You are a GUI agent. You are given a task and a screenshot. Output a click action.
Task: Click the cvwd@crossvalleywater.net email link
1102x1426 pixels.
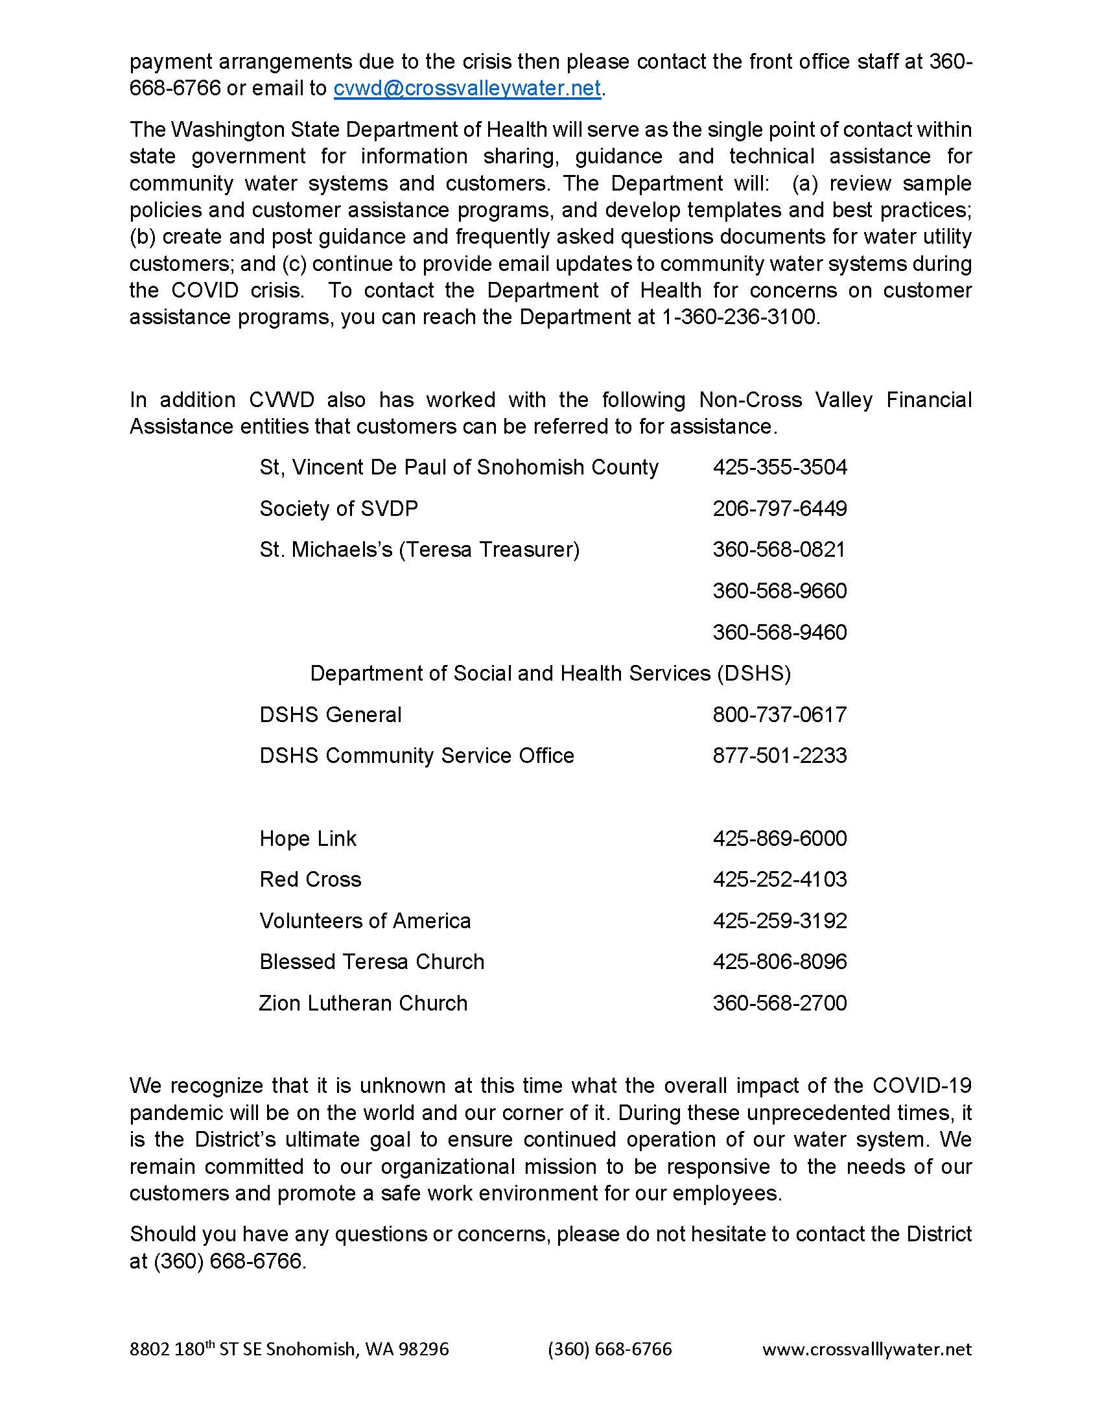click(x=467, y=88)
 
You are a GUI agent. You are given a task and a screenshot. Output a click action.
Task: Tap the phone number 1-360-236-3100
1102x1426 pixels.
click(x=740, y=317)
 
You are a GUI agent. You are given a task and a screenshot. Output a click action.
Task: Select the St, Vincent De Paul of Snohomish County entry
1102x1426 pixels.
click(x=459, y=467)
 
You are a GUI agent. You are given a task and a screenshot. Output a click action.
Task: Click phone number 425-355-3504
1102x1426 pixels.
click(x=779, y=467)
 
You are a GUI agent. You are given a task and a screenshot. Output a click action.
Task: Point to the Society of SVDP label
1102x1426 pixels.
click(x=338, y=509)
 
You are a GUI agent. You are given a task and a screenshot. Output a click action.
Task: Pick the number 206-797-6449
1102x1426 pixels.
click(x=779, y=509)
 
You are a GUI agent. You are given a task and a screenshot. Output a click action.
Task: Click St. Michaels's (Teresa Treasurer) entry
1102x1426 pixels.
click(x=419, y=550)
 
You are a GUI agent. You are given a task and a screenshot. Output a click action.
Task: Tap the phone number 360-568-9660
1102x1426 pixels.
click(x=779, y=591)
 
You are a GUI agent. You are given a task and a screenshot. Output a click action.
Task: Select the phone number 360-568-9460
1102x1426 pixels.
click(x=779, y=632)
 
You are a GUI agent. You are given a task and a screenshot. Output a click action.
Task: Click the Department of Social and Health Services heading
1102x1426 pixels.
click(x=550, y=673)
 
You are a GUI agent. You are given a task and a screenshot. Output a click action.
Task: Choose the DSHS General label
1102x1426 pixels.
click(x=331, y=715)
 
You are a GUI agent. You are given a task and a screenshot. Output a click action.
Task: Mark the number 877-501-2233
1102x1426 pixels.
click(x=779, y=755)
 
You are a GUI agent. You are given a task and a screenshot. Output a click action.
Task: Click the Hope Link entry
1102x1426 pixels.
click(x=307, y=838)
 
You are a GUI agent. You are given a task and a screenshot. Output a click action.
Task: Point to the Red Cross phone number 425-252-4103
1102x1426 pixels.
click(x=779, y=880)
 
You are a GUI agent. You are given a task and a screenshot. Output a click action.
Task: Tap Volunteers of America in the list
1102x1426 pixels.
click(x=365, y=920)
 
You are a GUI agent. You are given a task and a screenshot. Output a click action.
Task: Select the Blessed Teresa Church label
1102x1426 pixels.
click(x=371, y=962)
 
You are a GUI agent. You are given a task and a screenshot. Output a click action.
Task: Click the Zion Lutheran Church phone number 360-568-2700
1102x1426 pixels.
click(x=779, y=1003)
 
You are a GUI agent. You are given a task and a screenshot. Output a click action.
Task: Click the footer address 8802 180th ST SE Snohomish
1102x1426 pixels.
click(x=288, y=1350)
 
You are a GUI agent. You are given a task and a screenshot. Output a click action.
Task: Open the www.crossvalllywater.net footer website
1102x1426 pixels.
click(x=866, y=1350)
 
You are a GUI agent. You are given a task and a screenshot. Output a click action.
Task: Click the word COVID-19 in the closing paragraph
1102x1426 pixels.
click(x=921, y=1086)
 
